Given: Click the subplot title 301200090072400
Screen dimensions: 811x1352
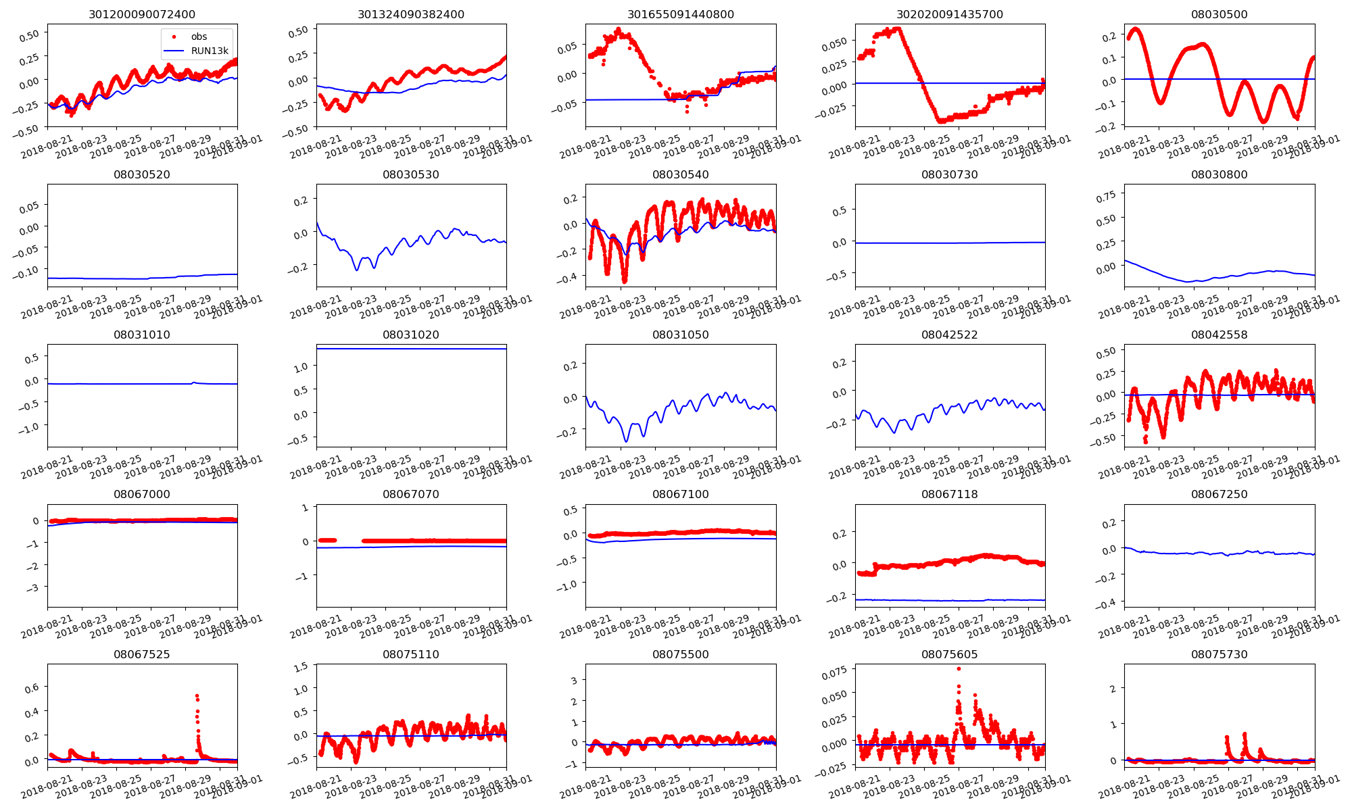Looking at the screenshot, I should tap(142, 14).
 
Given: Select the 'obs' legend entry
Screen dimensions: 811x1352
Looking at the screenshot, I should tap(199, 36).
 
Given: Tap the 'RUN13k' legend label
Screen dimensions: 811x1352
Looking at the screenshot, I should tap(210, 51).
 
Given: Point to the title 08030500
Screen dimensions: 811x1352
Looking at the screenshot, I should tap(1219, 14).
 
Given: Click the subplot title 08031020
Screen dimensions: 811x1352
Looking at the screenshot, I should tap(410, 335).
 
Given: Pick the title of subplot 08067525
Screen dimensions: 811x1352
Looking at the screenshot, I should tap(142, 654).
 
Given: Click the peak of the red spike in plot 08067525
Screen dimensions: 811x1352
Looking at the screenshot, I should tap(197, 695).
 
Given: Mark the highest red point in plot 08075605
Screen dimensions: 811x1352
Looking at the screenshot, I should tap(959, 668).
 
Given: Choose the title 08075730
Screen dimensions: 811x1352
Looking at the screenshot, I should tap(1219, 654).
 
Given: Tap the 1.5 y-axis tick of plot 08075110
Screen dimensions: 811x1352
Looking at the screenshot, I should tap(301, 666).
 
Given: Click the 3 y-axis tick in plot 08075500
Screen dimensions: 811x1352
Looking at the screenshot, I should tap(574, 681).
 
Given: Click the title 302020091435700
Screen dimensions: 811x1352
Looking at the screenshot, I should tap(950, 14).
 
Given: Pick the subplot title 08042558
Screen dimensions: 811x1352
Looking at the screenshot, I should tap(1219, 335).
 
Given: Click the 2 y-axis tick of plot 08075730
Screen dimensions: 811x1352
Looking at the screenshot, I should tap(1113, 689).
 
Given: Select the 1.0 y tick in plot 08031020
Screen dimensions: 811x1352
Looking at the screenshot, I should tap(301, 367).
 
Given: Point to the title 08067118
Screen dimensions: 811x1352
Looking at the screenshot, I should tap(950, 494).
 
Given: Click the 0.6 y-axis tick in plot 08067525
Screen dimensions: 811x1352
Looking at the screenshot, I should tap(31, 688).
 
